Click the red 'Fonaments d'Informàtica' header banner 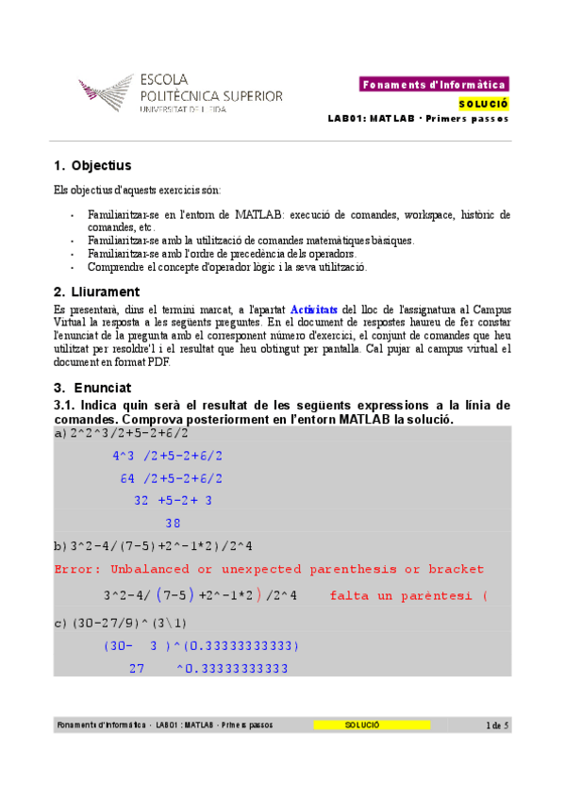[x=434, y=85]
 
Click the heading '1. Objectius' [x=91, y=166]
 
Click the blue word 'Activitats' [x=313, y=309]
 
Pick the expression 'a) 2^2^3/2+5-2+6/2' [x=123, y=433]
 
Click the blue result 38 [x=173, y=523]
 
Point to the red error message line [x=270, y=570]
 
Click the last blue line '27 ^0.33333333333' [x=208, y=669]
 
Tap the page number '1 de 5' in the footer [x=496, y=725]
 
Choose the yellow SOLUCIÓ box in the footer [x=371, y=725]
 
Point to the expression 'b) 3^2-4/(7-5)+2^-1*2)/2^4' [x=154, y=546]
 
